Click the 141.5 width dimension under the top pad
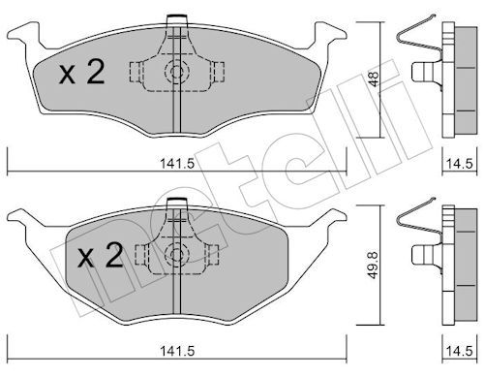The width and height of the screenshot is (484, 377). tap(177, 164)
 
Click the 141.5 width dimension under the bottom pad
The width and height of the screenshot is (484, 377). tap(177, 351)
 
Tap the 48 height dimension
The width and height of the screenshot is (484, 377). tap(374, 79)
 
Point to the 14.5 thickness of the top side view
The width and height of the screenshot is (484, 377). tap(460, 164)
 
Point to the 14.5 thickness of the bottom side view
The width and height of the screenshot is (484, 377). tap(460, 351)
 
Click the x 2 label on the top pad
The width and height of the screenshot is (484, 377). tap(81, 73)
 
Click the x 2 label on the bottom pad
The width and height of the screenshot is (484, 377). tap(101, 256)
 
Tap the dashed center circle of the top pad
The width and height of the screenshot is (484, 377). tap(176, 72)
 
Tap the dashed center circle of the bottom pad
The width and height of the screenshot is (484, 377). tap(176, 255)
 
